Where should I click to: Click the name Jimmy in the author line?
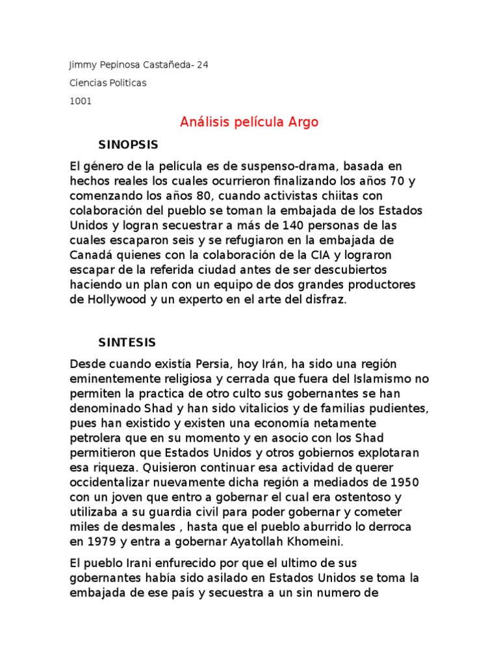pos(82,65)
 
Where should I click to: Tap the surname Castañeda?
pos(165,65)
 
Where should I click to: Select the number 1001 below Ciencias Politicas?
pos(80,101)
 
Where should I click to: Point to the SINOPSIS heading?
pos(128,144)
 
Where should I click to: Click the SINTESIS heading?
pos(127,342)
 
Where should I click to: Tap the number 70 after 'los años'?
pos(397,182)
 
